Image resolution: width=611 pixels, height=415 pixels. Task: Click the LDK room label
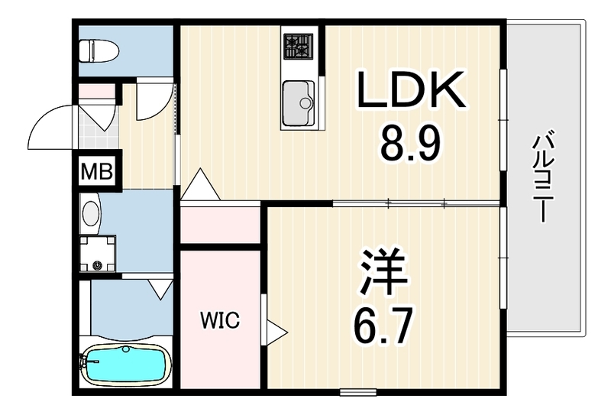(411, 89)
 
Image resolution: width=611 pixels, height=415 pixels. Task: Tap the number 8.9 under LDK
(410, 144)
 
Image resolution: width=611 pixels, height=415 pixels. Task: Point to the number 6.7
(383, 326)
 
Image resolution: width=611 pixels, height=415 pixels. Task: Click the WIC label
(220, 320)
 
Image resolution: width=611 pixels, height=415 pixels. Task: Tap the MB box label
(97, 171)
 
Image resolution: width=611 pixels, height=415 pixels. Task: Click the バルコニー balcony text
(544, 177)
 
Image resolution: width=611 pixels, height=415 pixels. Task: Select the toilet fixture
(99, 50)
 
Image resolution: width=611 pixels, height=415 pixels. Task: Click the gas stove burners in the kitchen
(298, 46)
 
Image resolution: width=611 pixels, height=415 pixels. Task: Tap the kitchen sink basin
(298, 102)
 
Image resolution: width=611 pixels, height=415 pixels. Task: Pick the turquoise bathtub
(124, 365)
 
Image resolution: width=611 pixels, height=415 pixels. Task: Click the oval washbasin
(91, 213)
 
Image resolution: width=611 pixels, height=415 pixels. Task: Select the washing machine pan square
(98, 254)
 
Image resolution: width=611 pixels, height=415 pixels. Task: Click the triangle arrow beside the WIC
(276, 332)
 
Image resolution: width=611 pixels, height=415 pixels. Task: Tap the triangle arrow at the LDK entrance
(200, 184)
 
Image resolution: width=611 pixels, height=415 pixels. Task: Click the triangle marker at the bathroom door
(160, 289)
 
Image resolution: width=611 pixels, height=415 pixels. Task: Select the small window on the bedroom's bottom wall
(357, 392)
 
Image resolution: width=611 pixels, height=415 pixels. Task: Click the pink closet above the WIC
(220, 225)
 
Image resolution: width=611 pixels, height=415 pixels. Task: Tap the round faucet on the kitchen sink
(305, 103)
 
